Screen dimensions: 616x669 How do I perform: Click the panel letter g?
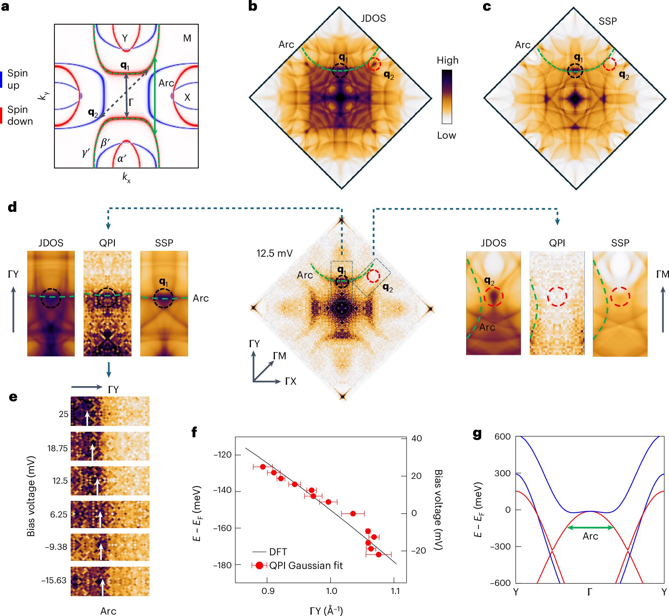(477, 434)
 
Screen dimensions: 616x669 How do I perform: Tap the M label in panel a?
(187, 38)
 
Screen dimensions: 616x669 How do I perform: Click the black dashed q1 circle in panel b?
(340, 70)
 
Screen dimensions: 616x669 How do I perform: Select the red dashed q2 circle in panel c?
(609, 64)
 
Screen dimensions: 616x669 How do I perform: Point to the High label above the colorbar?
(447, 60)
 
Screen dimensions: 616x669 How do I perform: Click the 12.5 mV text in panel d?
(274, 253)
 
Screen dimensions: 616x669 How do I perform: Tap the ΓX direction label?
(291, 381)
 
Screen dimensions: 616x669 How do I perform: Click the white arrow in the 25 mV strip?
(87, 419)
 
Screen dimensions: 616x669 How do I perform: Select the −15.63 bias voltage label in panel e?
(54, 580)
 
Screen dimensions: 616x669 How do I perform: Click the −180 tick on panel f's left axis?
(222, 565)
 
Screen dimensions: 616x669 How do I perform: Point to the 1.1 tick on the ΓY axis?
(395, 591)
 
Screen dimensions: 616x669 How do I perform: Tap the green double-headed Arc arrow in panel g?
(590, 527)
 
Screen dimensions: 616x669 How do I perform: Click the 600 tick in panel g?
(503, 437)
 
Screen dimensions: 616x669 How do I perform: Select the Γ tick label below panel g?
(590, 592)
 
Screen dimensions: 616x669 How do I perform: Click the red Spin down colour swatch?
(1, 115)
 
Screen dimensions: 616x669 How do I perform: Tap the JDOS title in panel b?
(373, 18)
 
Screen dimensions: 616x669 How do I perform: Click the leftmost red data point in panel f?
(263, 467)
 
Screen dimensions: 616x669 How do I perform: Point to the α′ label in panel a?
(122, 159)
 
